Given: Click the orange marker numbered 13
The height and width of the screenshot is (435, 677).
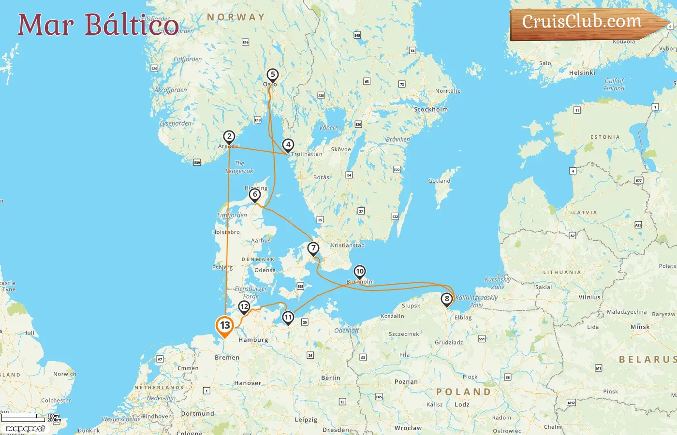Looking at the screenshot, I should click(x=225, y=325).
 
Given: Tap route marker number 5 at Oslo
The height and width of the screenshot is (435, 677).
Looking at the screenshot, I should click(x=273, y=75).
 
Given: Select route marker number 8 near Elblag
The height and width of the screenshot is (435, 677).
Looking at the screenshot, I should click(x=447, y=299).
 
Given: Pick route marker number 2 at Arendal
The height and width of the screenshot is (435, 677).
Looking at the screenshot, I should click(x=229, y=137).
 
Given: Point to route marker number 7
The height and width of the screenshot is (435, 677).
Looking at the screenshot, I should click(x=313, y=248).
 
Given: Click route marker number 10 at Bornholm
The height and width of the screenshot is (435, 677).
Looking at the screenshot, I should click(x=360, y=272).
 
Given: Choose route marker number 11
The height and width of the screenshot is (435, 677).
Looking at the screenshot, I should click(x=288, y=318).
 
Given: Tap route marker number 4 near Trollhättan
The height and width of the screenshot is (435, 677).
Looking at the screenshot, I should click(x=288, y=145).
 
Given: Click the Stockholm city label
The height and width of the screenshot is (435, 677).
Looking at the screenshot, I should click(x=431, y=110).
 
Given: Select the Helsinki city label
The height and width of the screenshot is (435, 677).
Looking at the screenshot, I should click(x=582, y=73).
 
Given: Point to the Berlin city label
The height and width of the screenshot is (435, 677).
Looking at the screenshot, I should click(x=331, y=378).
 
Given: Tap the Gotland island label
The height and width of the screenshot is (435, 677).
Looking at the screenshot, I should click(x=439, y=181).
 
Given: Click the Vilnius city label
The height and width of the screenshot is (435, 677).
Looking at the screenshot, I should click(x=589, y=298).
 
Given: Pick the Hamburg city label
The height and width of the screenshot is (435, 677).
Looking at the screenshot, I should click(x=253, y=340).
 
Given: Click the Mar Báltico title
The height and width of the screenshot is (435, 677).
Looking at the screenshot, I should click(x=98, y=25).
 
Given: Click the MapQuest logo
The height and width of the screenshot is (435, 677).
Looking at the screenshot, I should click(x=25, y=429).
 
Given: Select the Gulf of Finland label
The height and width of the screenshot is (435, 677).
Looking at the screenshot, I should click(x=614, y=85).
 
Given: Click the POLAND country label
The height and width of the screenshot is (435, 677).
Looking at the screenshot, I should click(x=463, y=392).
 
